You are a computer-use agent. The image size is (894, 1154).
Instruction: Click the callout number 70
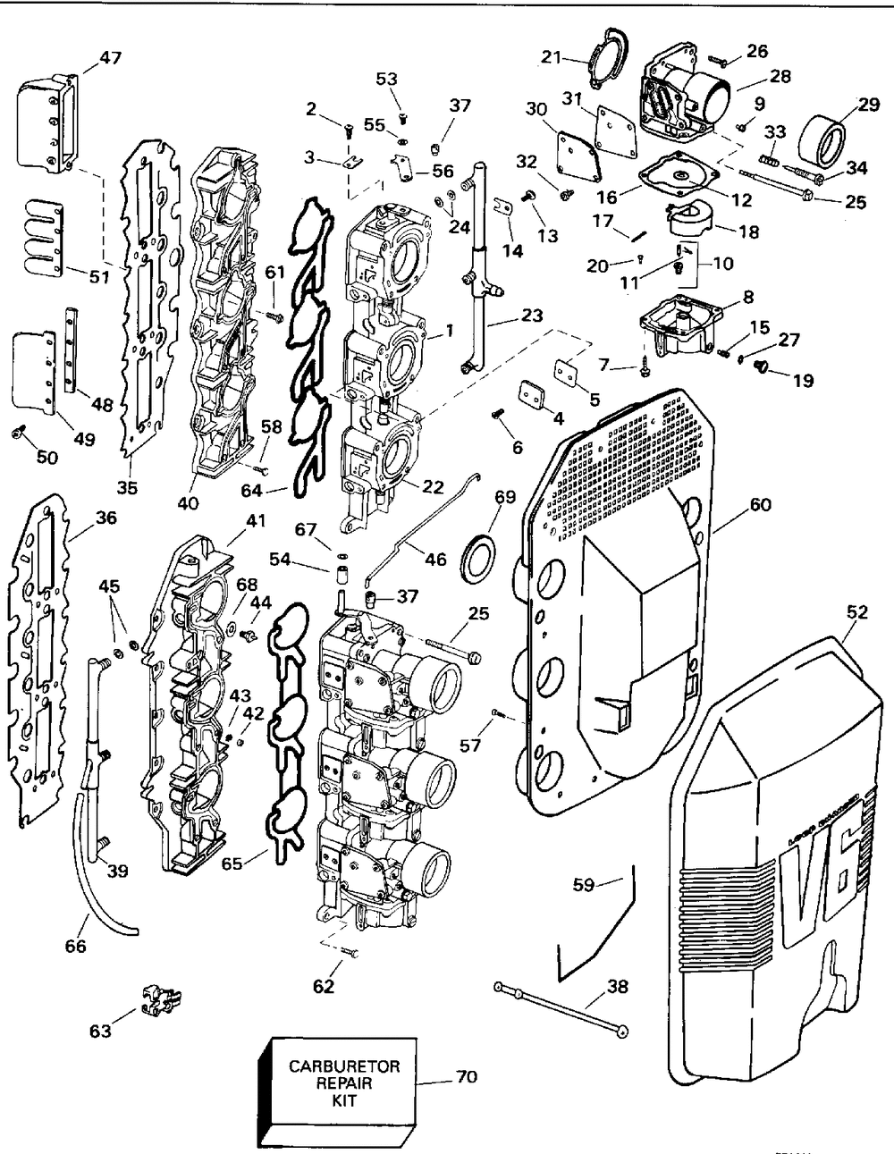(466, 1078)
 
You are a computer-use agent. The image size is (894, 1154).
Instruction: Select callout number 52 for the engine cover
(856, 612)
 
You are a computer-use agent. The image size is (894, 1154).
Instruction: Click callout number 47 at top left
(111, 59)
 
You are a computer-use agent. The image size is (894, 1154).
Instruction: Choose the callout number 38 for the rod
(617, 988)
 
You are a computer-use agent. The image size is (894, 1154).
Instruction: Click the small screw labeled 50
(18, 434)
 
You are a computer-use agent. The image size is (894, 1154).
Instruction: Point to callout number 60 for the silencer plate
(760, 505)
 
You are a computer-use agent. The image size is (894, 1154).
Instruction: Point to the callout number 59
(584, 887)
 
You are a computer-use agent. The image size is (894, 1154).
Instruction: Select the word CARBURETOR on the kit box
(344, 1066)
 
